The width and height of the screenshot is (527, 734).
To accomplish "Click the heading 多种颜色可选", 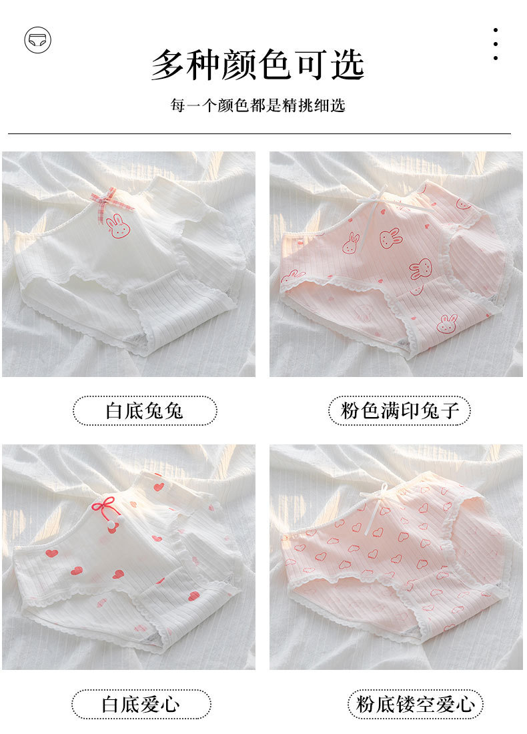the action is (258, 65).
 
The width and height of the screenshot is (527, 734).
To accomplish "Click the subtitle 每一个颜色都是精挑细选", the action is (258, 105).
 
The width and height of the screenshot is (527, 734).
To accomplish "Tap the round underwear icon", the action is (37, 40).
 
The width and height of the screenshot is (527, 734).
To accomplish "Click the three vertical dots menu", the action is (496, 44).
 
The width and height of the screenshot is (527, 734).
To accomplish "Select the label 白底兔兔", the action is (145, 410).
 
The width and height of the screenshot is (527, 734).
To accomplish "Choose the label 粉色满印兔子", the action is (399, 410).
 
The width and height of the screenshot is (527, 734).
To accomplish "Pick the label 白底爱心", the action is (141, 704).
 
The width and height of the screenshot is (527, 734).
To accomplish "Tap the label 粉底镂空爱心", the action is (415, 704).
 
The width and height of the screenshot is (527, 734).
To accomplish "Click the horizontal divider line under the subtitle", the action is (259, 134).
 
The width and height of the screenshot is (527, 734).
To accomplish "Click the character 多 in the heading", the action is (167, 65).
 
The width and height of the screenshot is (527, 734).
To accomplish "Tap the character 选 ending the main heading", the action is (348, 65).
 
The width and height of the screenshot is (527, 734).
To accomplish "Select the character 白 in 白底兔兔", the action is (115, 411).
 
